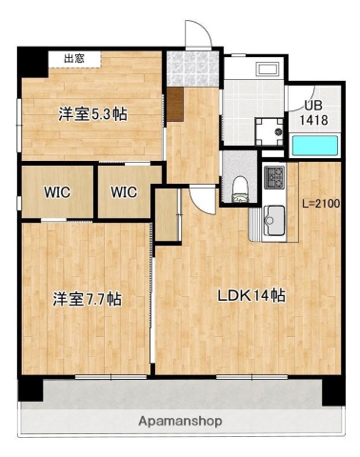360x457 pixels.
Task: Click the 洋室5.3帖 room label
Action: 92,114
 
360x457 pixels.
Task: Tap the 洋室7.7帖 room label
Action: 86,299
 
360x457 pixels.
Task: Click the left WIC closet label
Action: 56,191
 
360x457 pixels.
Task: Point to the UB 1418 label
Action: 315,114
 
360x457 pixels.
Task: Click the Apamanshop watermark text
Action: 180,420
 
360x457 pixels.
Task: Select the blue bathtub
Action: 313,146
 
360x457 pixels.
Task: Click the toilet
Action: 238,185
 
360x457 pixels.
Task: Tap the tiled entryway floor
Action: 180,68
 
